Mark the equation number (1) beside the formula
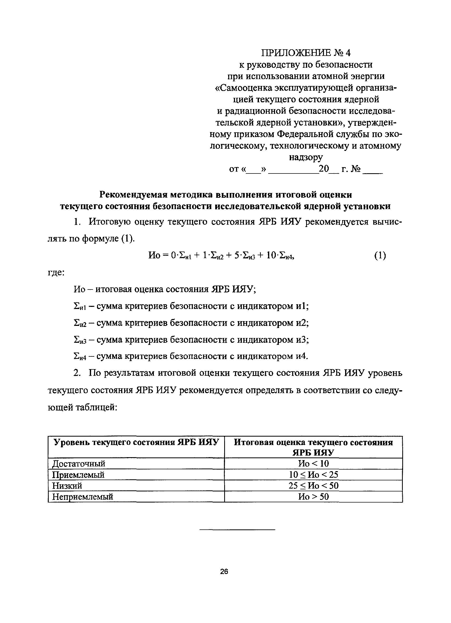point(380,256)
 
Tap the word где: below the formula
point(56,273)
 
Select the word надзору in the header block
point(306,157)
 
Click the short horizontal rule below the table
point(237,529)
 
